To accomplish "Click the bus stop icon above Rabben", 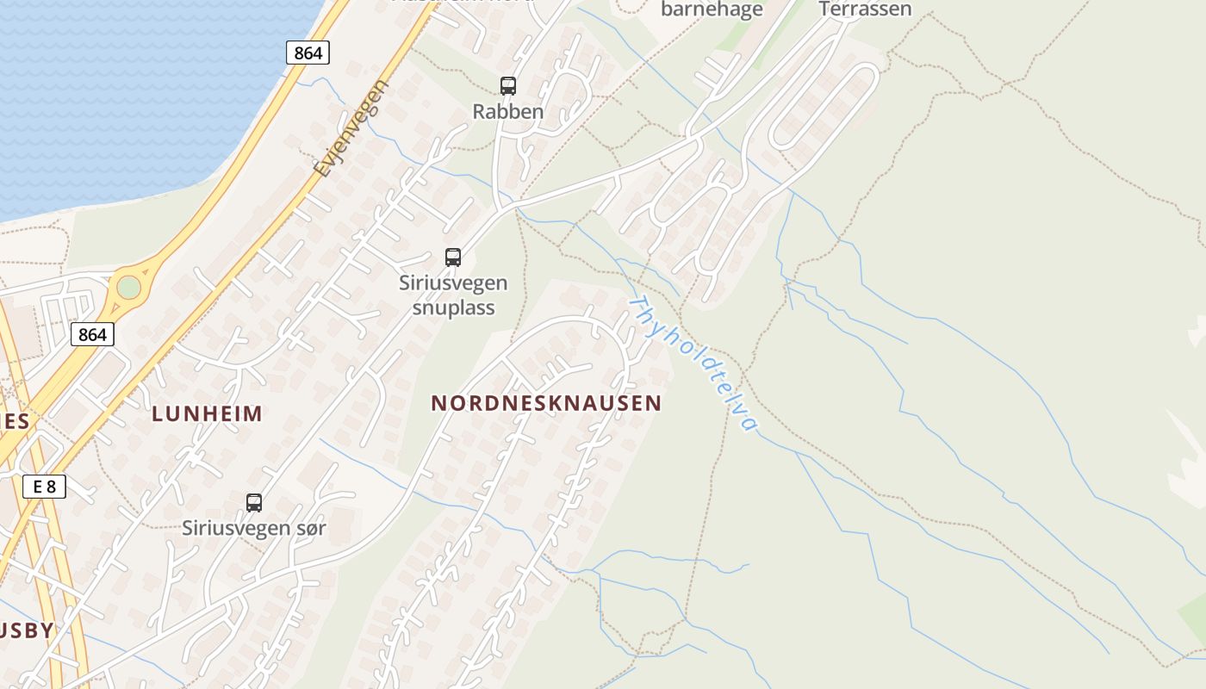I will [x=508, y=86].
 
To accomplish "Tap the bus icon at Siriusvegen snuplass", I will [x=453, y=257].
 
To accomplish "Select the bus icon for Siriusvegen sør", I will [x=254, y=503].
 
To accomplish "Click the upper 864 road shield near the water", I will [x=308, y=53].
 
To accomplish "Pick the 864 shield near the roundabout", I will [x=92, y=334].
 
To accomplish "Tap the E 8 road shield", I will [x=44, y=487].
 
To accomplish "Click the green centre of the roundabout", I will [x=128, y=287].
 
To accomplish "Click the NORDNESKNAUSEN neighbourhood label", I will [x=546, y=403].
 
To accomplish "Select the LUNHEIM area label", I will [x=207, y=413].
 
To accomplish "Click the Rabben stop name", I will [x=508, y=111].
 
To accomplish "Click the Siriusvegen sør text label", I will [x=254, y=528].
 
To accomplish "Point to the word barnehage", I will [x=712, y=10].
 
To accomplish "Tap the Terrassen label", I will [x=865, y=9].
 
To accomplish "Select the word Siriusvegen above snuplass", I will [x=453, y=282].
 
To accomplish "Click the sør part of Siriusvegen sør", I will [x=309, y=528].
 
